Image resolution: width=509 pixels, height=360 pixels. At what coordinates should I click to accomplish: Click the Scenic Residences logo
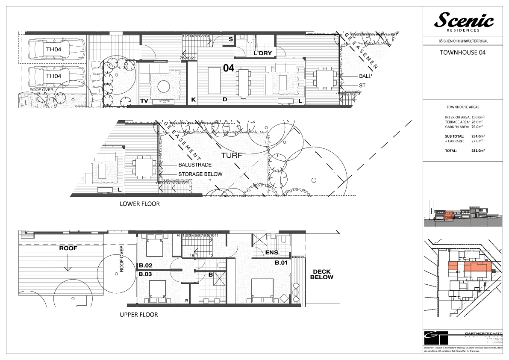coord(464,21)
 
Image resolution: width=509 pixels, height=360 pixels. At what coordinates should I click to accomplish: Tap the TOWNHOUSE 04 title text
coord(464,53)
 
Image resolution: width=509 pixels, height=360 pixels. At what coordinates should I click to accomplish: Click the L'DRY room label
coord(263,53)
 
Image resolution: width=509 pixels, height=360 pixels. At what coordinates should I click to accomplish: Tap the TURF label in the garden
coord(231,156)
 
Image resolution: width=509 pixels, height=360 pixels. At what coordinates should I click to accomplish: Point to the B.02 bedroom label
coord(146,266)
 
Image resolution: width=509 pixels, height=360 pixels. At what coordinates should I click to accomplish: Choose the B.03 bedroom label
coord(146,274)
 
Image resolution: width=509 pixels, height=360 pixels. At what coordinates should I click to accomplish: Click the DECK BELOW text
coord(323,274)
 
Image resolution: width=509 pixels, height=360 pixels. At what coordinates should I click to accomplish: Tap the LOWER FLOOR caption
coord(139,204)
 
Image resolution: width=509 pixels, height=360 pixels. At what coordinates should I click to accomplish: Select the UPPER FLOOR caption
coord(139,315)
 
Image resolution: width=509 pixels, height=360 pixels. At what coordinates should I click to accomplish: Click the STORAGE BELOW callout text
coord(200,174)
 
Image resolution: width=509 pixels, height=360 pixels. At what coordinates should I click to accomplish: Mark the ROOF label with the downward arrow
coord(68,248)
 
